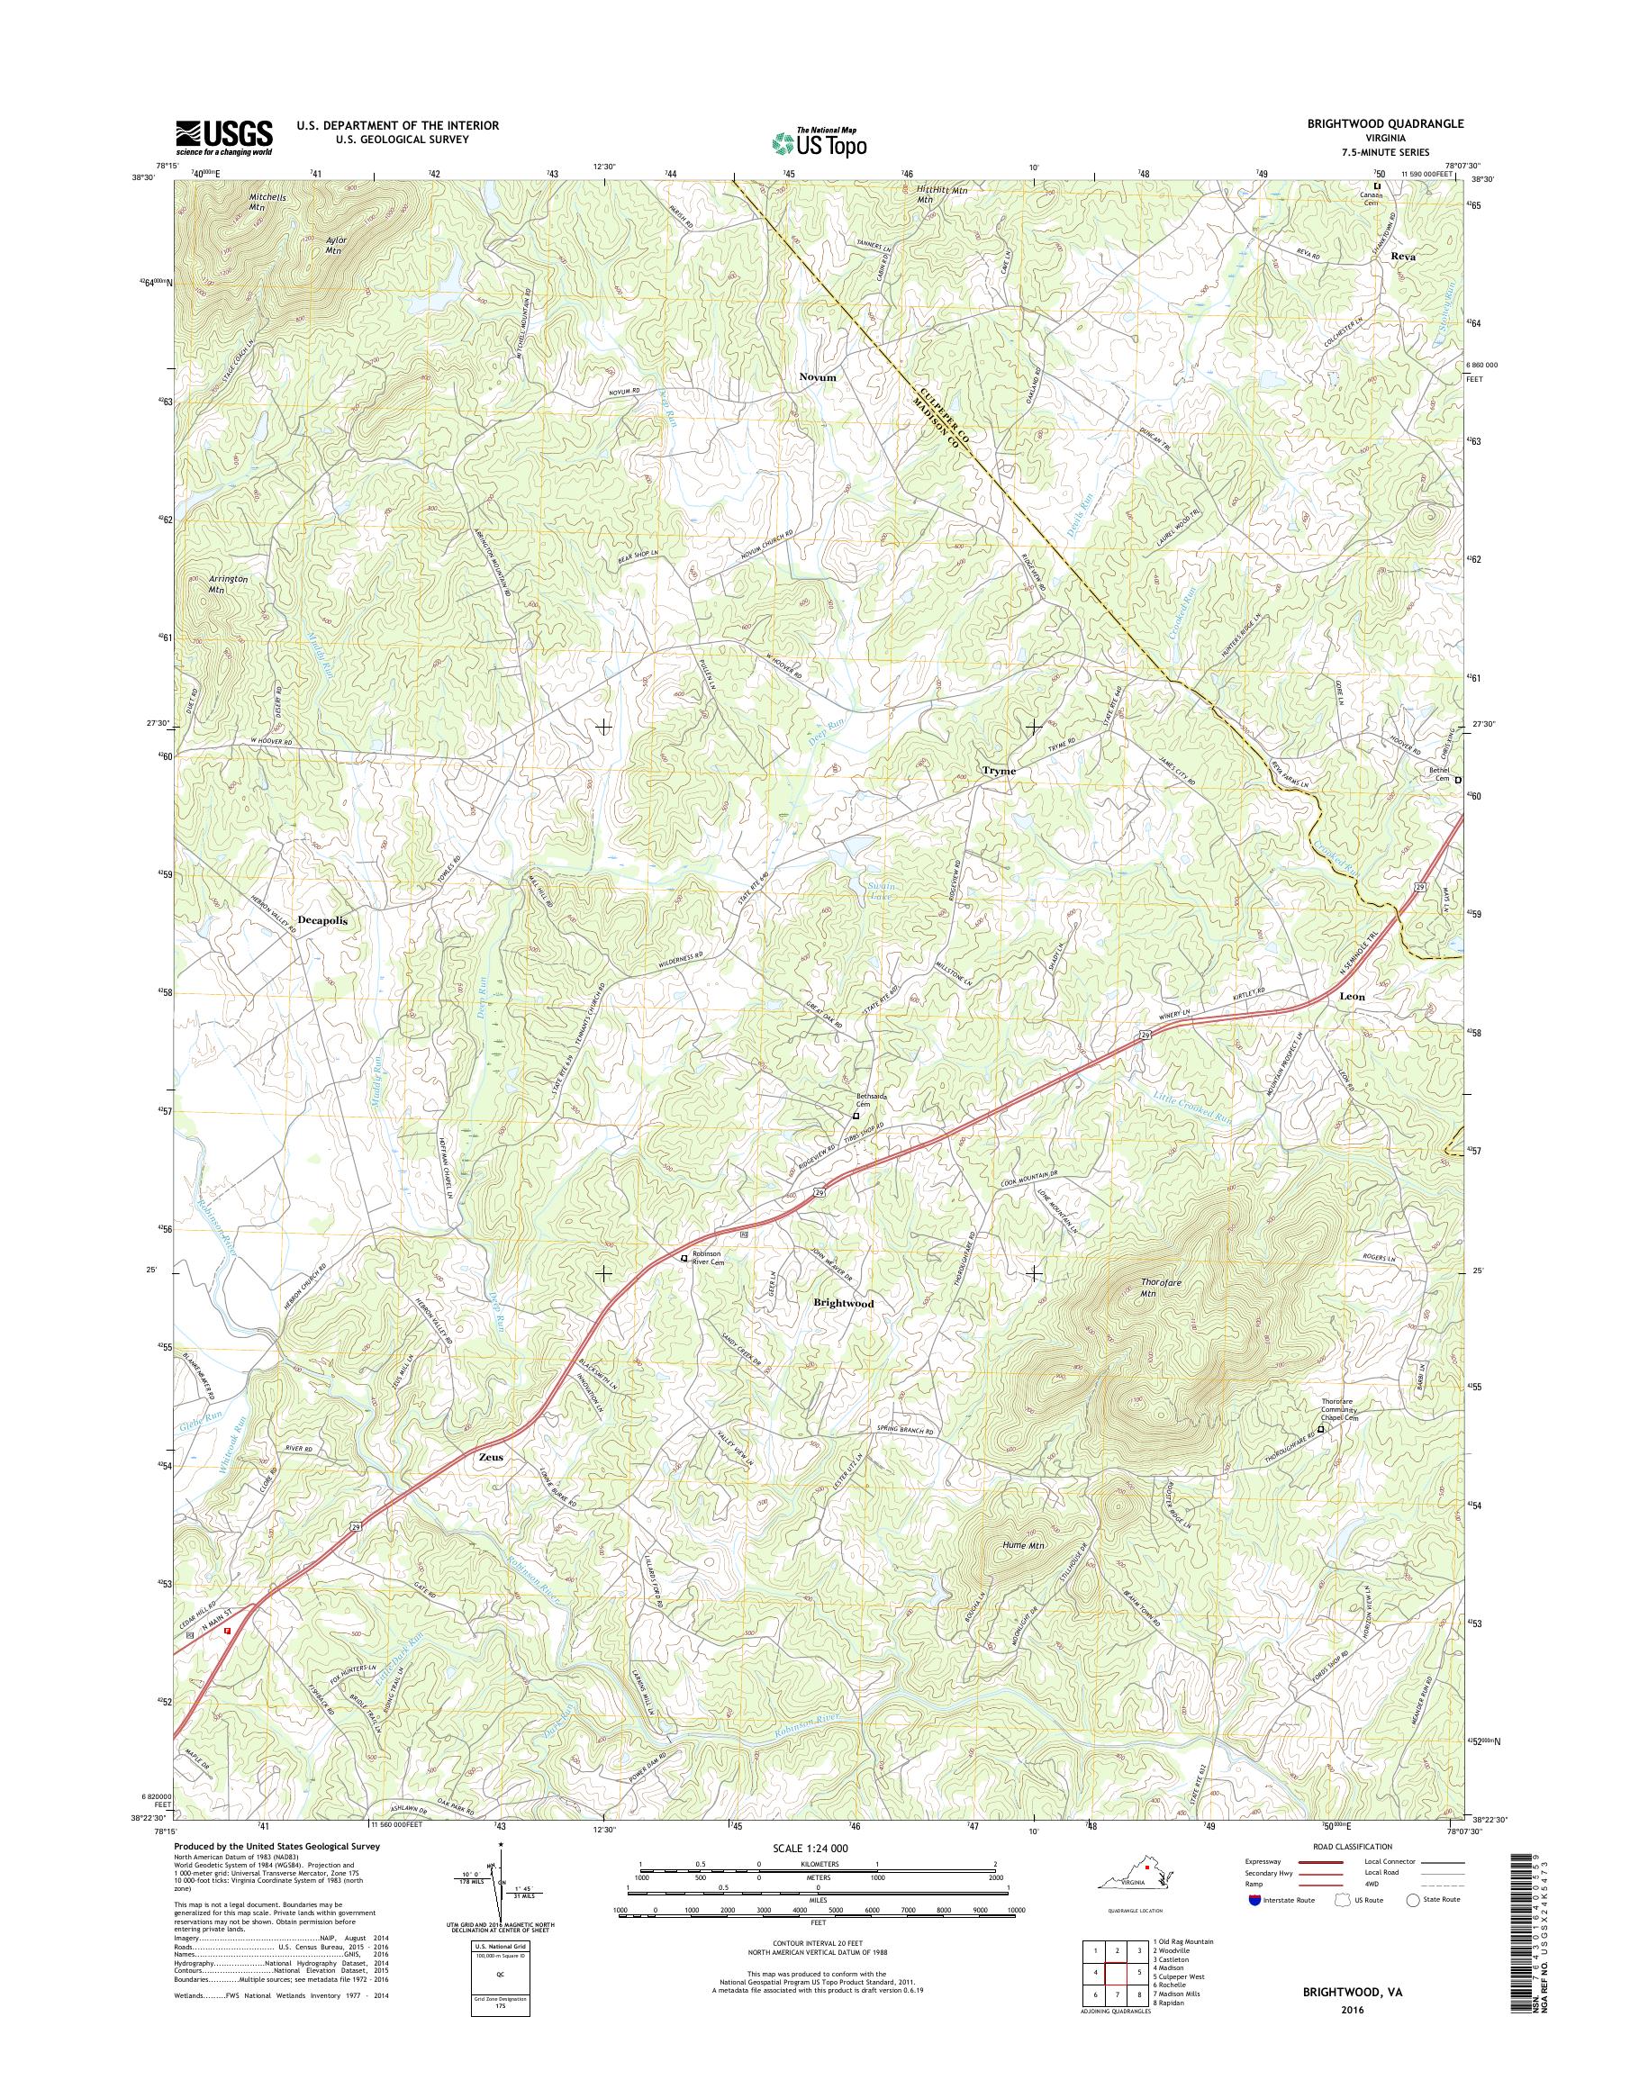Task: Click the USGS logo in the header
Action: [223, 138]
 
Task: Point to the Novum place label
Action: [818, 378]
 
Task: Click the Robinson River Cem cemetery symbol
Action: [684, 1258]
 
